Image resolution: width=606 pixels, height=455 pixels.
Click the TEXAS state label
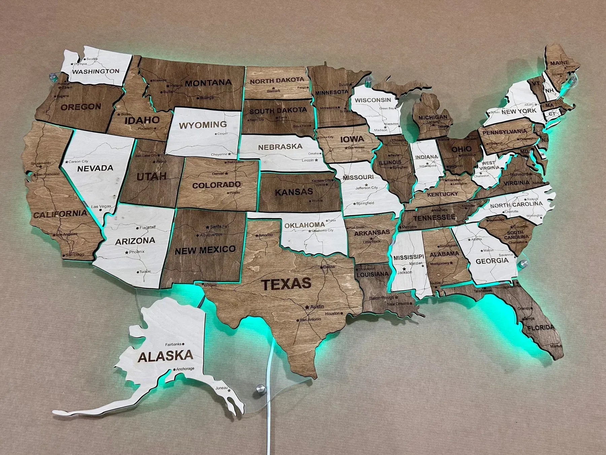(287, 284)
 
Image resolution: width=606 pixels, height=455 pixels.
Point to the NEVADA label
(95, 168)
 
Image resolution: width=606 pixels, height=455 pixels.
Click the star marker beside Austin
(307, 307)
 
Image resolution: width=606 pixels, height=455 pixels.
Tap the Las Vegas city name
(101, 206)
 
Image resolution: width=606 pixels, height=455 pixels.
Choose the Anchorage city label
(185, 369)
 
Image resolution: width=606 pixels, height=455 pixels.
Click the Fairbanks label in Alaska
(173, 344)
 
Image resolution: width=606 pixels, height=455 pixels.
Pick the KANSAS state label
(294, 192)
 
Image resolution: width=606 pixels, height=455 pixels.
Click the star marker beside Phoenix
(127, 252)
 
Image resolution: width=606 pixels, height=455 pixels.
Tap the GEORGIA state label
(492, 261)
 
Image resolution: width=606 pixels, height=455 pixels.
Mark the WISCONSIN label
(373, 100)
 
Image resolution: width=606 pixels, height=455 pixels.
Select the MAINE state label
(560, 63)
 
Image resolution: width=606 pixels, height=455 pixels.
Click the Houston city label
(332, 314)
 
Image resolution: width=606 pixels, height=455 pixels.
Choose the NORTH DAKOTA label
(277, 81)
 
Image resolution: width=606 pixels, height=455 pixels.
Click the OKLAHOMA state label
(304, 225)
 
